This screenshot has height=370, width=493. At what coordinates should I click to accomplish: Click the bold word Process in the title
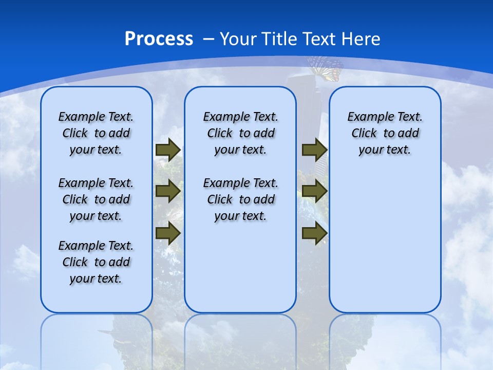click(159, 39)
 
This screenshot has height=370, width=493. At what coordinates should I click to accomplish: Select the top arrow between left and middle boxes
click(168, 150)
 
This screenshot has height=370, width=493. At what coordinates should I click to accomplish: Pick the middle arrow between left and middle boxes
click(168, 192)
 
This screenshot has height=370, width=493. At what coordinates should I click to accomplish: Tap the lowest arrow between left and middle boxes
click(168, 233)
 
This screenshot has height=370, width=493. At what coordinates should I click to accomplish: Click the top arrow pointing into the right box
click(314, 150)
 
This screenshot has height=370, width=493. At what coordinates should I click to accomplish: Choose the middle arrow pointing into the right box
click(314, 192)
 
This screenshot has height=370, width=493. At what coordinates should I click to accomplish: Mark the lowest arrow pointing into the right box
click(314, 233)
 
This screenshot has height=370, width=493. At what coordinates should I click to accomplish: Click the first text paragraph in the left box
click(96, 133)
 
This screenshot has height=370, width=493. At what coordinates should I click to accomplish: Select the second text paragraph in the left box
click(96, 199)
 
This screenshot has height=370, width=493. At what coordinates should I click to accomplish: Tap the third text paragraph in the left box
click(96, 262)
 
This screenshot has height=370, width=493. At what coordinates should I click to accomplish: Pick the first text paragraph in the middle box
click(240, 133)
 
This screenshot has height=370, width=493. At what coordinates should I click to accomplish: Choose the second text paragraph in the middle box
click(240, 199)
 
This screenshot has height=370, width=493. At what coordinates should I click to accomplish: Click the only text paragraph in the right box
click(385, 133)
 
